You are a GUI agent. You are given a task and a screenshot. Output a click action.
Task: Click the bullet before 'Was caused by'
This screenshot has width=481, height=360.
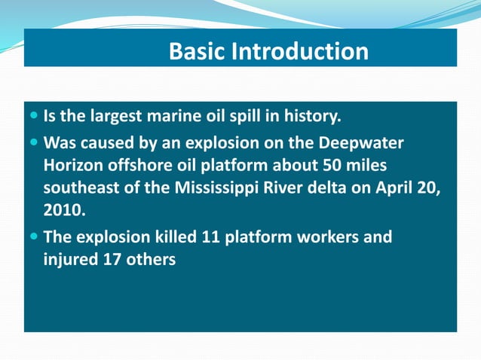pyautogui.click(x=35, y=142)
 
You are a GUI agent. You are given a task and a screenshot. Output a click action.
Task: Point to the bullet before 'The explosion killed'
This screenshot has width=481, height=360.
pyautogui.click(x=35, y=237)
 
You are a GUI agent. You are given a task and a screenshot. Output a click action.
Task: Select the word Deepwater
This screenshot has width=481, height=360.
pyautogui.click(x=361, y=142)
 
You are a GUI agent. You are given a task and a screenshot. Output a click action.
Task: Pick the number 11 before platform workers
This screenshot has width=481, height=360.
pyautogui.click(x=210, y=237)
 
